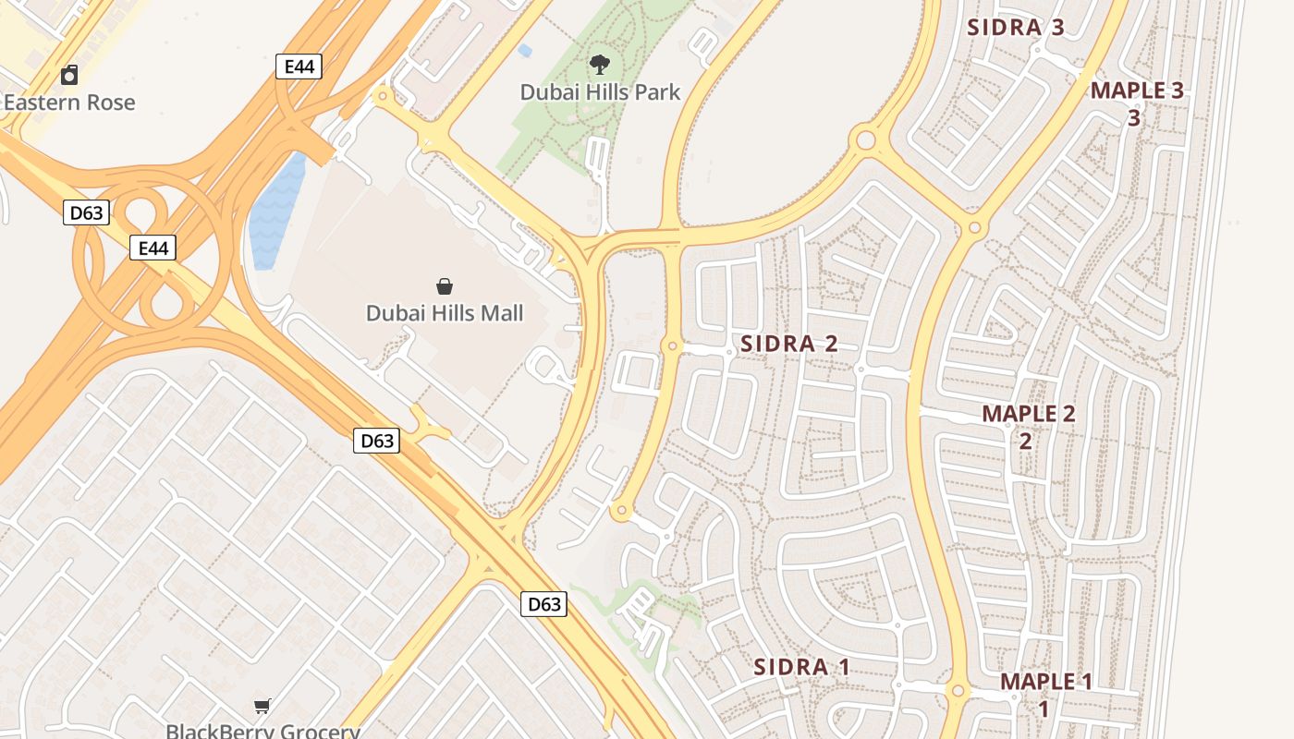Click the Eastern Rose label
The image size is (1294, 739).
pos(69,103)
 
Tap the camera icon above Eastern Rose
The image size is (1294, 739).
pos(69,75)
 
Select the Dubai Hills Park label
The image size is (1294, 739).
pos(600,92)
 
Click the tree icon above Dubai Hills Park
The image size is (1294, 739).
pos(600,65)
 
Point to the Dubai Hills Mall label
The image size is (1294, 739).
pos(445,313)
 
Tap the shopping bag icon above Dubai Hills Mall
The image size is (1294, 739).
pos(445,286)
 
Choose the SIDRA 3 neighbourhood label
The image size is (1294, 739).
pos(1016,28)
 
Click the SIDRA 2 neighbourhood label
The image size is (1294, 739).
pos(789,345)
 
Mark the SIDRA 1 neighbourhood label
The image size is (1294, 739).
pos(801,667)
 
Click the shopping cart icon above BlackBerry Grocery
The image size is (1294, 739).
pos(262,707)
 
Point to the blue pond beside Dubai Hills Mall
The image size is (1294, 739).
pos(276,212)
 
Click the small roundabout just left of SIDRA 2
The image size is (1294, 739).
pos(673,346)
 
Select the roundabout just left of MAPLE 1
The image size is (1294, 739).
pos(958,691)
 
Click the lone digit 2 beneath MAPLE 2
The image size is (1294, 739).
pos(1026,441)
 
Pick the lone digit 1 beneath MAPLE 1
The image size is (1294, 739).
pos(1044,709)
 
